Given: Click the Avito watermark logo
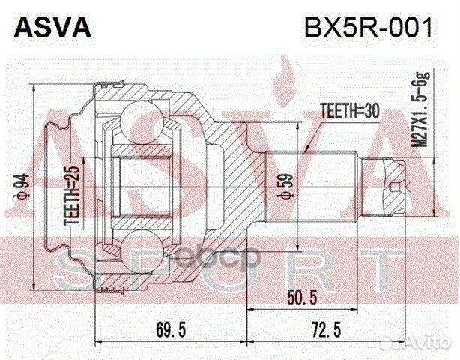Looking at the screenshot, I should point(429,344).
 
